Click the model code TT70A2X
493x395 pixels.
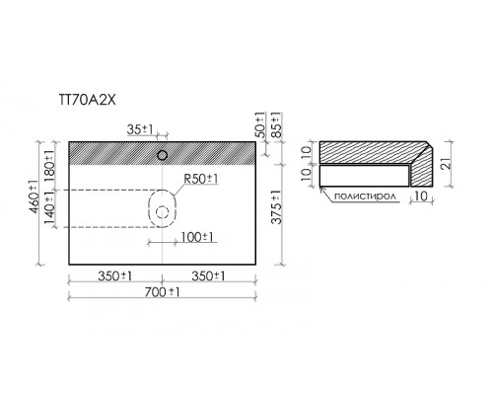click(87, 100)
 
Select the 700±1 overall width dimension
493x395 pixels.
click(163, 292)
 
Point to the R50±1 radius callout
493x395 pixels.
click(201, 179)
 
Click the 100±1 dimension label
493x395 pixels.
click(197, 237)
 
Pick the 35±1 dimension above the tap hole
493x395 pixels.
click(140, 129)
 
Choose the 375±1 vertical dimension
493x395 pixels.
click(277, 207)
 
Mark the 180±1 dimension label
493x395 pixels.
click(48, 164)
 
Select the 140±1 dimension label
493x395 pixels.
click(49, 208)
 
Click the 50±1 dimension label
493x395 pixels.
click(259, 124)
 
